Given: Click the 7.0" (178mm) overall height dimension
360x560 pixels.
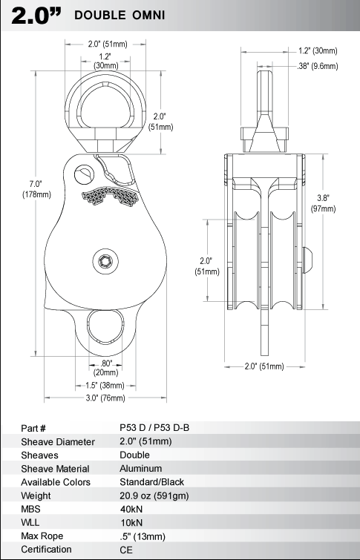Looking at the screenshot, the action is (36, 189).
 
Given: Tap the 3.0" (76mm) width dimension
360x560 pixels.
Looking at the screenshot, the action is (105, 398).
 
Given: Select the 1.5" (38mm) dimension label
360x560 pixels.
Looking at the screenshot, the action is (105, 386).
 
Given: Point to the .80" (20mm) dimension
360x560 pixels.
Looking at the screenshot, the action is (106, 368).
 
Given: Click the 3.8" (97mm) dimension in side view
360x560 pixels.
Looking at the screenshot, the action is (323, 203).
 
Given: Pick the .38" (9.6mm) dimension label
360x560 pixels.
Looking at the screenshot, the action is (318, 66).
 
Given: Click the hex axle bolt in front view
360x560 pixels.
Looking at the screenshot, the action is (105, 261).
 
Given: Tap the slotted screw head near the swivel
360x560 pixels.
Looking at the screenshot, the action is (84, 174).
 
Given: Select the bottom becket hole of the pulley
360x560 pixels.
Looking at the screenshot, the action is (105, 327).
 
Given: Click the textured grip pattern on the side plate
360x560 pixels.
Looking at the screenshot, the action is (110, 196).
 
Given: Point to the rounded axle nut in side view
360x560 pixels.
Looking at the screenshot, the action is (308, 260).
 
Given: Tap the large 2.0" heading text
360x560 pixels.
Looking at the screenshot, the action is (36, 16).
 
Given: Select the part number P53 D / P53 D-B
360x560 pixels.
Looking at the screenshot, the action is (154, 427).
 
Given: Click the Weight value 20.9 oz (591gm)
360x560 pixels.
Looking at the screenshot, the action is (154, 495).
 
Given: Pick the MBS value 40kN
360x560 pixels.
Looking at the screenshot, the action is (131, 509).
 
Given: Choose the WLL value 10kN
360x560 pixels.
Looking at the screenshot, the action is (131, 522).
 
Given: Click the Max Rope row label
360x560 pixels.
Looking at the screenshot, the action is (42, 536).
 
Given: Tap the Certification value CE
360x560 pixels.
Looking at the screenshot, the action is (126, 550).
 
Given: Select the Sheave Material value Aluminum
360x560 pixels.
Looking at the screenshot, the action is (141, 468).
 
